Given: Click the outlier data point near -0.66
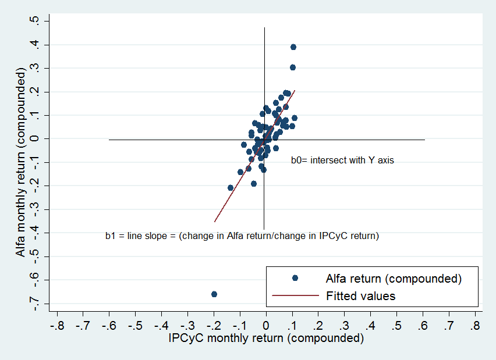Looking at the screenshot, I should point(214,294).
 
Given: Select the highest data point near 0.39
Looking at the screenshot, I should point(293,47).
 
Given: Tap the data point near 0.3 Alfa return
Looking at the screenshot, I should point(293,67).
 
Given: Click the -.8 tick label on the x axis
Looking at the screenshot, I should point(57,324).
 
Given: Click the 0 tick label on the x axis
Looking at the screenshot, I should point(266,324).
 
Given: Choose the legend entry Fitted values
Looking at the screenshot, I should point(360,296).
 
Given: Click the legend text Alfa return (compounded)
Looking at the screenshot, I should point(394,278).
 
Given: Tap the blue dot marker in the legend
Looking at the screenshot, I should point(295,278).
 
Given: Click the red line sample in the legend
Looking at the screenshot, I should point(295,296).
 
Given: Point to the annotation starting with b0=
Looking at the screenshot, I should point(342,161).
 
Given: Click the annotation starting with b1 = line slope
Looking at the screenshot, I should point(242,236).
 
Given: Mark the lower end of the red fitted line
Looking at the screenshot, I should point(214,222).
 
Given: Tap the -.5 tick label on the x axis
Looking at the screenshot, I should point(135,324).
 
